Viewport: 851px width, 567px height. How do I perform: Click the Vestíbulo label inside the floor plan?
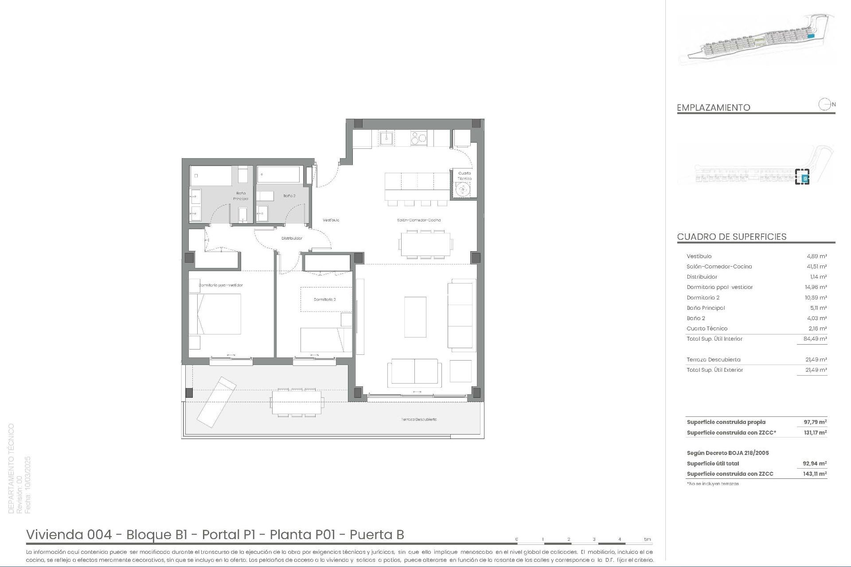pos(331,220)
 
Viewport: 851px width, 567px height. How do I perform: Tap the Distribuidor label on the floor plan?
pos(292,238)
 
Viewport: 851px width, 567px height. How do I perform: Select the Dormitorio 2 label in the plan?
pos(324,299)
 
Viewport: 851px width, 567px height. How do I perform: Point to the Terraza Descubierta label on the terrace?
pos(419,419)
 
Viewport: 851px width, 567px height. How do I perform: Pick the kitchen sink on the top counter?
pos(386,138)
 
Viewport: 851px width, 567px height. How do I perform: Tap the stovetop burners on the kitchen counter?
pos(419,138)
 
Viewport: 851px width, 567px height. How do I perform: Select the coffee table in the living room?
pos(415,317)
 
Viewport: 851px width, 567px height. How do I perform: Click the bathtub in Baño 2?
pos(278,175)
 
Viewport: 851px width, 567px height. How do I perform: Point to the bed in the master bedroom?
pos(215,314)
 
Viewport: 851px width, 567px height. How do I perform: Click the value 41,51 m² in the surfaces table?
pos(816,267)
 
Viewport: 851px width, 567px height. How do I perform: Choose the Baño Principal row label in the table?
pos(706,308)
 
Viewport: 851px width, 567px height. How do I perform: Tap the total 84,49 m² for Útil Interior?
pos(815,339)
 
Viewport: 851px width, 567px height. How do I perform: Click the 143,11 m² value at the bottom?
pos(815,474)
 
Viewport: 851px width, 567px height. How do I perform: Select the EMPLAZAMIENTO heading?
pos(713,108)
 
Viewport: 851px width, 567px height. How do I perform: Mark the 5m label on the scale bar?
pos(648,539)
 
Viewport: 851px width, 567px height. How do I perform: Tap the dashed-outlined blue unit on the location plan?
pos(802,177)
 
